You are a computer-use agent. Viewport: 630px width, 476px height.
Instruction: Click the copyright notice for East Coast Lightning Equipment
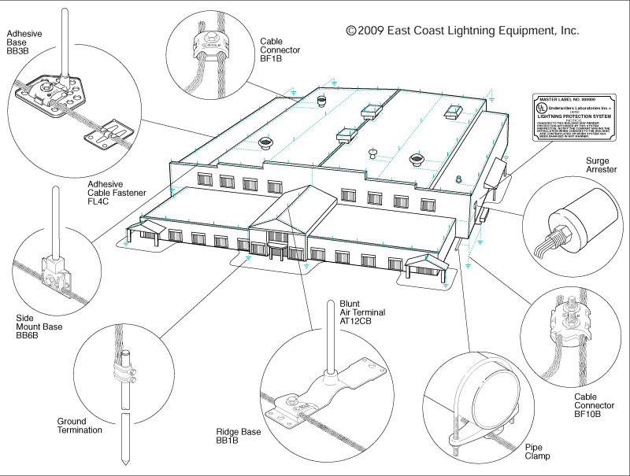[x=462, y=31]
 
